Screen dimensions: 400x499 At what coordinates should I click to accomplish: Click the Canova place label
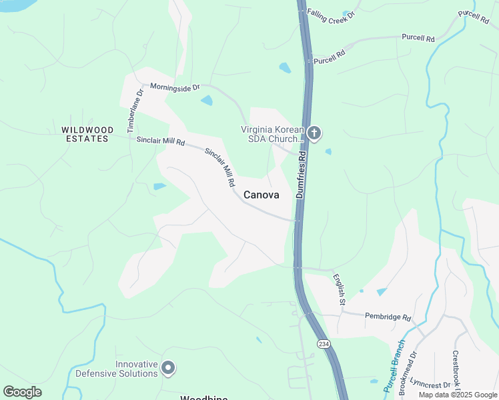click(261, 195)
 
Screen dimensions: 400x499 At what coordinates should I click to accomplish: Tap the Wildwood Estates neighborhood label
click(85, 134)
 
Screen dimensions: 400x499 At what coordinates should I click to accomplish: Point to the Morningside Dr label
click(175, 87)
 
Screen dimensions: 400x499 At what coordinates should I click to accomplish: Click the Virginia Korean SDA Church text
click(272, 135)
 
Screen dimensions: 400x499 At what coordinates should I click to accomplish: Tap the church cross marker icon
click(314, 134)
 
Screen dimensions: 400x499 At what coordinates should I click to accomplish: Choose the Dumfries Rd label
click(301, 174)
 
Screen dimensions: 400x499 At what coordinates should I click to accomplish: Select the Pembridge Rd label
click(388, 317)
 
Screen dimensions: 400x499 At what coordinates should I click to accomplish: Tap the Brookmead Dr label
click(407, 374)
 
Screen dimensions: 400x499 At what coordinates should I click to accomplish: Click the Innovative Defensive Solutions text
click(117, 369)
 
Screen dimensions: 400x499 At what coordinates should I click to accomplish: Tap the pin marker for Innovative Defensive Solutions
click(168, 367)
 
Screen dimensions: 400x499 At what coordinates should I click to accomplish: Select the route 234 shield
click(324, 344)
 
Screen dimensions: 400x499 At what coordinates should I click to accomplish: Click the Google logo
click(22, 392)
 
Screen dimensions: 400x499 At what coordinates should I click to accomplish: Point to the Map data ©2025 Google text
click(457, 395)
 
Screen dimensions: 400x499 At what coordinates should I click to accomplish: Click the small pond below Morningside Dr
click(207, 101)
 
